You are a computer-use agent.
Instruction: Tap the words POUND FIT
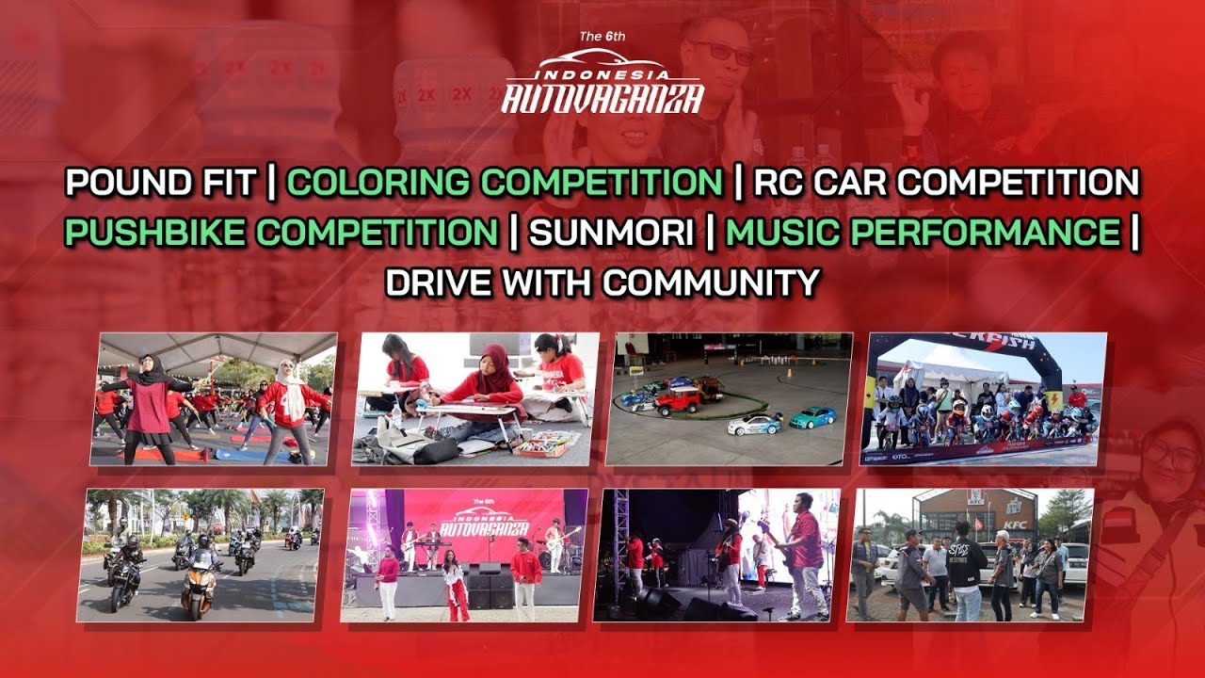tap(160, 182)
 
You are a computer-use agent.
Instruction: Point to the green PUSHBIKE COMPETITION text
tap(281, 232)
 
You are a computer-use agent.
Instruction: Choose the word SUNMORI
tap(611, 232)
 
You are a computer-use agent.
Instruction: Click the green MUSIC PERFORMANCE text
tap(923, 232)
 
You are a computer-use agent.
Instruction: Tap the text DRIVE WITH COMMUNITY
tap(602, 282)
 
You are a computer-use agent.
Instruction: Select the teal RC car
tap(811, 416)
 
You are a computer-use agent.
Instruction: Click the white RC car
tap(754, 425)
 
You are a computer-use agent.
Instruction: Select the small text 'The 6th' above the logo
tap(602, 37)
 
